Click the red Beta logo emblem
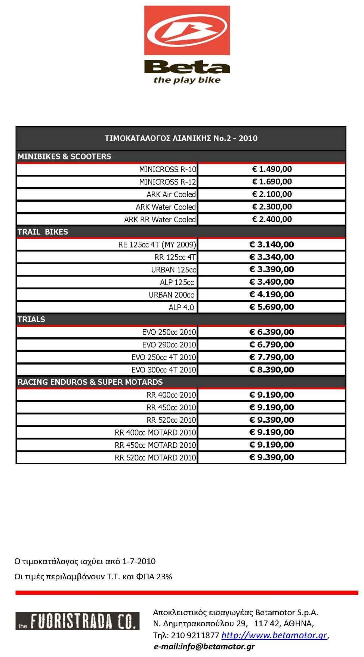coord(187,30)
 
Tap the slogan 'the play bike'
coord(187,80)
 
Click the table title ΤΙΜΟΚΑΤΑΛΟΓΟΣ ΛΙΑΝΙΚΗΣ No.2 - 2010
coord(181,138)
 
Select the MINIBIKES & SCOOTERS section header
coord(64,156)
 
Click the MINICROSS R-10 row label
coord(167,170)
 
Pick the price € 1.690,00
coord(272,182)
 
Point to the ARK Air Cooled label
coord(171,195)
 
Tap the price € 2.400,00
coord(272,220)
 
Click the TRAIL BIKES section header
coord(43,232)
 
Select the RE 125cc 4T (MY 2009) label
coord(157,245)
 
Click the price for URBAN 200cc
coord(272,295)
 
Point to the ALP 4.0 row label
coord(181,307)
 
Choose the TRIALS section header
coord(31,319)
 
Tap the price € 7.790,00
coord(272,357)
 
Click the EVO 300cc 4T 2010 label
coord(163,370)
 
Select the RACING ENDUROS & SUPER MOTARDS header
coord(90,382)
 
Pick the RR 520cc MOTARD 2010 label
coord(155,458)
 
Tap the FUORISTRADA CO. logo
coord(77,621)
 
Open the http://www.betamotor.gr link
coord(274,635)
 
